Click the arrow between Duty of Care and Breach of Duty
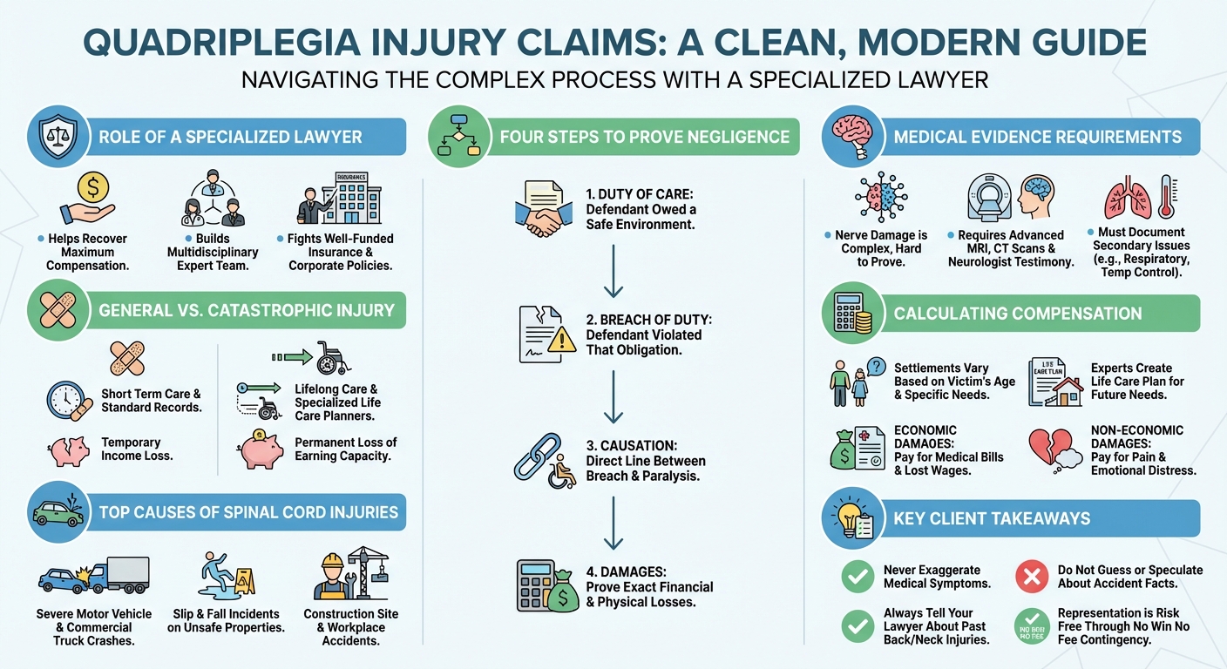[x=613, y=272]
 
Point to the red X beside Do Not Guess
[x=1032, y=577]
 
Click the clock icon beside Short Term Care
[x=64, y=401]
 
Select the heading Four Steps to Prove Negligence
[x=645, y=137]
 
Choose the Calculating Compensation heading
[x=1017, y=314]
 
